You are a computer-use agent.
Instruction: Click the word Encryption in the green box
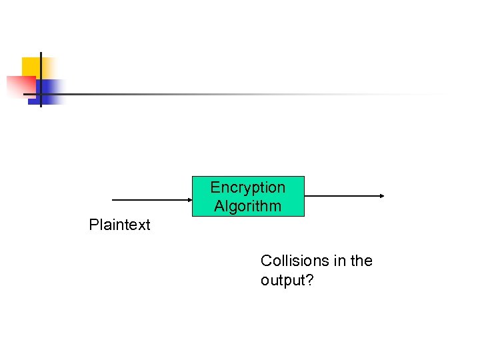click(x=247, y=187)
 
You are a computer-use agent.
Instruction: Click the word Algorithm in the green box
click(x=247, y=206)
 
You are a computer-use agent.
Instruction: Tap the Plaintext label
click(x=120, y=225)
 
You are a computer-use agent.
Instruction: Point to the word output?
click(x=287, y=281)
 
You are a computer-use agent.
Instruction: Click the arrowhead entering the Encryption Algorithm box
click(x=189, y=199)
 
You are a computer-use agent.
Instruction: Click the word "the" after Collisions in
click(x=361, y=261)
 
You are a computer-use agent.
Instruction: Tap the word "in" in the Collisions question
click(x=340, y=261)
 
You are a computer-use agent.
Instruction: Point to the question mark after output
click(x=309, y=281)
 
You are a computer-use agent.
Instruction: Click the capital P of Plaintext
click(x=93, y=225)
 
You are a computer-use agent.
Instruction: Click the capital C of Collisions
click(x=266, y=261)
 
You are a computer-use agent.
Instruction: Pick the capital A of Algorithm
click(x=219, y=206)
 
